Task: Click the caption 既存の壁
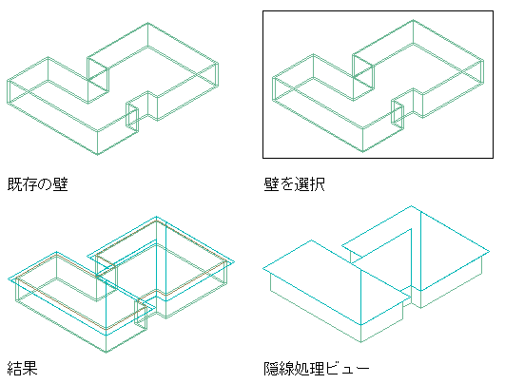pos(38,184)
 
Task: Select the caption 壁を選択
pos(295,184)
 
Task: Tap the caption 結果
pos(22,368)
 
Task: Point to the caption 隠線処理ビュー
pos(317,369)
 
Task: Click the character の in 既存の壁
pos(45,185)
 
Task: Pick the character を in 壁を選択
pos(286,185)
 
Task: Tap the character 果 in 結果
pos(30,368)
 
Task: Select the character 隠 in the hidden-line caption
pos(271,369)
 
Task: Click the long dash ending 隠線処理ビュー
pos(362,369)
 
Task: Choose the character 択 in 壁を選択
pos(318,184)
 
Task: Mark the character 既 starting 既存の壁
pos(14,184)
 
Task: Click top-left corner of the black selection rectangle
pos(263,11)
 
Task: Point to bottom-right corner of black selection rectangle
pos(493,158)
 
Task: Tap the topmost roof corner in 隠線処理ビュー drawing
pos(411,205)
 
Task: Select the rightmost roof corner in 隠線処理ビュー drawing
pos(489,251)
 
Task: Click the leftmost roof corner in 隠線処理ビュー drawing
pos(263,268)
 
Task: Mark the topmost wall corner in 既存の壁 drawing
pos(147,23)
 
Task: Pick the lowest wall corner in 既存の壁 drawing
pos(98,155)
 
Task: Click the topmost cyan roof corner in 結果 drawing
pos(157,217)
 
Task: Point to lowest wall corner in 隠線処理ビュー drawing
pos(360,342)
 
